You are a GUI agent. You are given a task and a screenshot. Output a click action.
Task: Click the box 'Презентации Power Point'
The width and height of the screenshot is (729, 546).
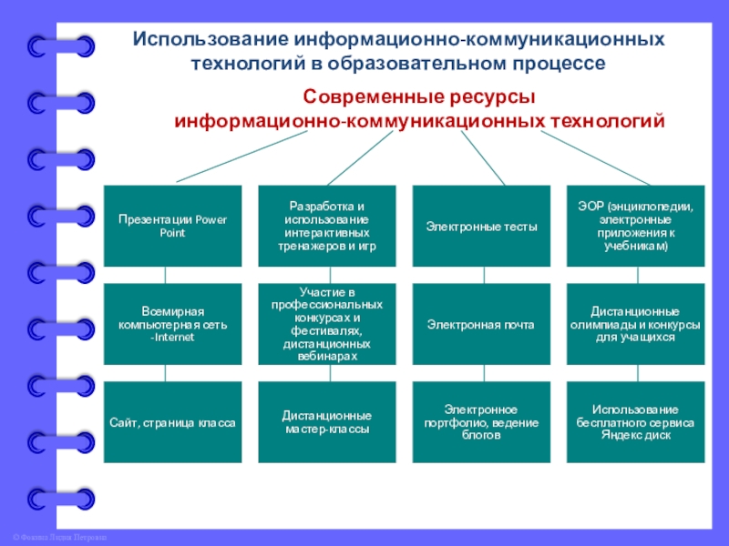pyautogui.click(x=172, y=226)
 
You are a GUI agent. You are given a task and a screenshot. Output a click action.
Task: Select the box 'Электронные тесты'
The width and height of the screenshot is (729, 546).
pyautogui.click(x=481, y=226)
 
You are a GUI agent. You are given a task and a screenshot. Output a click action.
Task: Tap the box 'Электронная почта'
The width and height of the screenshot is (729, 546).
pyautogui.click(x=481, y=324)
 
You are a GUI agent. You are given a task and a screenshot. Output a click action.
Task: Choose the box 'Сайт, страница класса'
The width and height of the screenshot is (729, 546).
pyautogui.click(x=172, y=423)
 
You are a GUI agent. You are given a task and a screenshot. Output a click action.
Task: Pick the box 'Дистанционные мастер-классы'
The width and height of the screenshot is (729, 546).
pyautogui.click(x=326, y=423)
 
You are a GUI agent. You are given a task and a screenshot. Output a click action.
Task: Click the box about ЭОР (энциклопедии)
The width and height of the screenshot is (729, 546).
pyautogui.click(x=635, y=226)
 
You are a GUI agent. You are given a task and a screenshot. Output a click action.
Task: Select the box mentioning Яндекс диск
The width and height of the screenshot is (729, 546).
pyautogui.click(x=635, y=423)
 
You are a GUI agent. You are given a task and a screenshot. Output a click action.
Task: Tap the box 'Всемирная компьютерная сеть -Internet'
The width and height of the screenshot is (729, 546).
pyautogui.click(x=172, y=324)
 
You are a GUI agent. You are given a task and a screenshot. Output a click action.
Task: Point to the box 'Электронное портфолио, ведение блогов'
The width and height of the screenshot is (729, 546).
pyautogui.click(x=481, y=423)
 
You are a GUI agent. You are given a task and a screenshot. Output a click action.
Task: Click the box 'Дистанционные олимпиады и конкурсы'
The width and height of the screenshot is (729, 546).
pyautogui.click(x=635, y=324)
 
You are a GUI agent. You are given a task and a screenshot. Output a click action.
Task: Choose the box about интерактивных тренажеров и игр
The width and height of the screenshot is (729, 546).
pyautogui.click(x=326, y=226)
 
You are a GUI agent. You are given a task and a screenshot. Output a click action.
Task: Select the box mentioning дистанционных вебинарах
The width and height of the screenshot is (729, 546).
pyautogui.click(x=326, y=324)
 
